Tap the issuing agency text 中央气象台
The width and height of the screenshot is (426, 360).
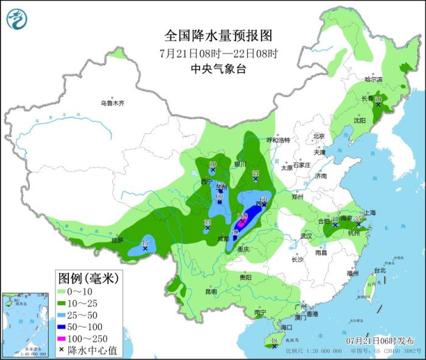point(218,69)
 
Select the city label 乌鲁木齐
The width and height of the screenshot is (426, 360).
point(113,103)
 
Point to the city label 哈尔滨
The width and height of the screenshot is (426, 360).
point(373,80)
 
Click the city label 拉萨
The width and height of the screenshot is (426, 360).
point(117,240)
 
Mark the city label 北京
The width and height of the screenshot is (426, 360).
point(318,136)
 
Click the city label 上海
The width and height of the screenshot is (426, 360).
point(369,213)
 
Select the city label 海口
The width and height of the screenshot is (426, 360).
point(279,327)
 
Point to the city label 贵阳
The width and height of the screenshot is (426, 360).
point(245,277)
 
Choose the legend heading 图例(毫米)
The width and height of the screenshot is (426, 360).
point(88,279)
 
